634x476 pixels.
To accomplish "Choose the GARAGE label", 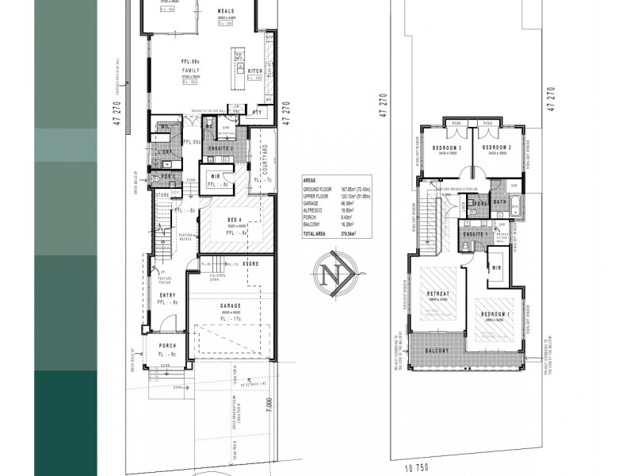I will tap(231, 305).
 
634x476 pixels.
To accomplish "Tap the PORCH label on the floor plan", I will tap(166, 346).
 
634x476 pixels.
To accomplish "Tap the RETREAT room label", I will tap(438, 294).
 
